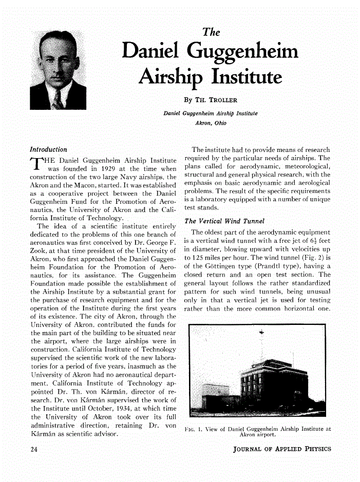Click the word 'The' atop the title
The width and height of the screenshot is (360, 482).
(211, 32)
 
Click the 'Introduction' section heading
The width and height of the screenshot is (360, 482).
(48, 149)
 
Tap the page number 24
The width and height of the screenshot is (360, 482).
(34, 449)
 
